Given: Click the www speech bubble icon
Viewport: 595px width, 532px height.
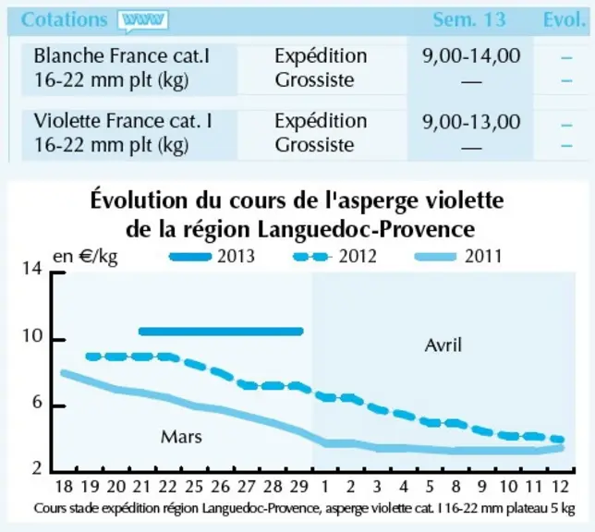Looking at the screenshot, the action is click(142, 21).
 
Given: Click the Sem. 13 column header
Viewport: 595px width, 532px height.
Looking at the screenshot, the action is click(469, 19).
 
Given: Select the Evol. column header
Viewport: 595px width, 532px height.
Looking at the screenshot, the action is click(565, 19).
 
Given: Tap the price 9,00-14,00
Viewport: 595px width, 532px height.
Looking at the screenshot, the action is click(471, 56).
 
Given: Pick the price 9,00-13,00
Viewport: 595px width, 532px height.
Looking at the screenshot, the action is click(471, 122).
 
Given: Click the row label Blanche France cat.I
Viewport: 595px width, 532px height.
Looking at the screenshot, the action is click(122, 55).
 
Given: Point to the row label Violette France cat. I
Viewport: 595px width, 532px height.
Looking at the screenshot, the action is click(123, 121).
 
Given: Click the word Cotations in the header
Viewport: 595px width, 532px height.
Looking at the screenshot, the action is click(64, 19).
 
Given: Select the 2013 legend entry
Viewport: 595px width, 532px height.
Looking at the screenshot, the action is click(212, 257).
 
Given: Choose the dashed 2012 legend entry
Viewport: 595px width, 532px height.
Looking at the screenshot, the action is click(335, 257).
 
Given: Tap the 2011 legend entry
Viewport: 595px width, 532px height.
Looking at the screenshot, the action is click(458, 257).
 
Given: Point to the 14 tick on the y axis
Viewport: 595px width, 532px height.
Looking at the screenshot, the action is click(32, 269).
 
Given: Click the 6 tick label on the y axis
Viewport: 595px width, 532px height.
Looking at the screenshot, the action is click(37, 402).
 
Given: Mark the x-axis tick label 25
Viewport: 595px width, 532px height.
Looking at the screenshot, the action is click(194, 487).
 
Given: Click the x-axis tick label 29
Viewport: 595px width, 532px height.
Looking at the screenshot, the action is click(298, 487).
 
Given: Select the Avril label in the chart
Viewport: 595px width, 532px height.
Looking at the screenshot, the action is click(443, 345).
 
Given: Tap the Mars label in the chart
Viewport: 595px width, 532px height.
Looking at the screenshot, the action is click(181, 437).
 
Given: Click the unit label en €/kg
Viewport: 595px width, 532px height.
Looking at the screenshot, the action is click(85, 258).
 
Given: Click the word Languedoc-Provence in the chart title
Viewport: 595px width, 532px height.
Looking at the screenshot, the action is click(366, 229).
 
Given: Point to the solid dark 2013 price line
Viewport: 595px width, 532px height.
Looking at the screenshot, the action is click(221, 332).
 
